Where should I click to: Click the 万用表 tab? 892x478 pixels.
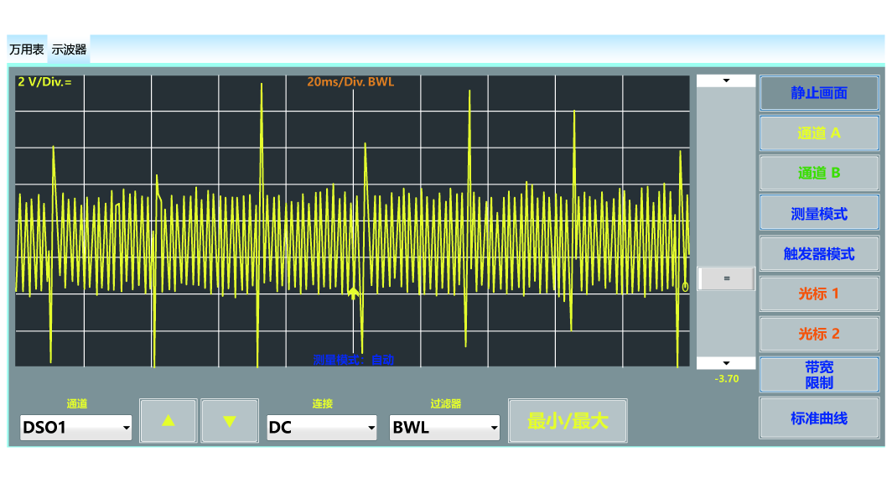(27, 49)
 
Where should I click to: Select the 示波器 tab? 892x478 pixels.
(69, 49)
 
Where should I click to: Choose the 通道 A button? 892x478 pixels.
(819, 132)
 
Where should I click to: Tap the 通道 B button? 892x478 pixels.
(819, 173)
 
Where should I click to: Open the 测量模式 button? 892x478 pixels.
(819, 214)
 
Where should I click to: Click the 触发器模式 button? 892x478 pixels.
(819, 253)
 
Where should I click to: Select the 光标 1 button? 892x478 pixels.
(819, 294)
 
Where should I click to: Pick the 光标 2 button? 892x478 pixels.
(819, 334)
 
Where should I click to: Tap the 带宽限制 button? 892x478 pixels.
(819, 375)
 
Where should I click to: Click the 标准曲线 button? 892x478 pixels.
(819, 418)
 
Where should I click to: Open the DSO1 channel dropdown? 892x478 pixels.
(76, 427)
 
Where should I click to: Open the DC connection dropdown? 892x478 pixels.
(322, 427)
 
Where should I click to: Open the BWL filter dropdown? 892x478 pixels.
(444, 427)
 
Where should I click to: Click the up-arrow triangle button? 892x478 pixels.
(169, 420)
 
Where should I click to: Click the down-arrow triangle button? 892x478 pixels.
(230, 420)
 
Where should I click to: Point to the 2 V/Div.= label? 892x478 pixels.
(44, 82)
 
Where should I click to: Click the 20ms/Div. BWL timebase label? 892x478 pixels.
(350, 82)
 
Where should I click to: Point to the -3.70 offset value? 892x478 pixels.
(726, 379)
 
